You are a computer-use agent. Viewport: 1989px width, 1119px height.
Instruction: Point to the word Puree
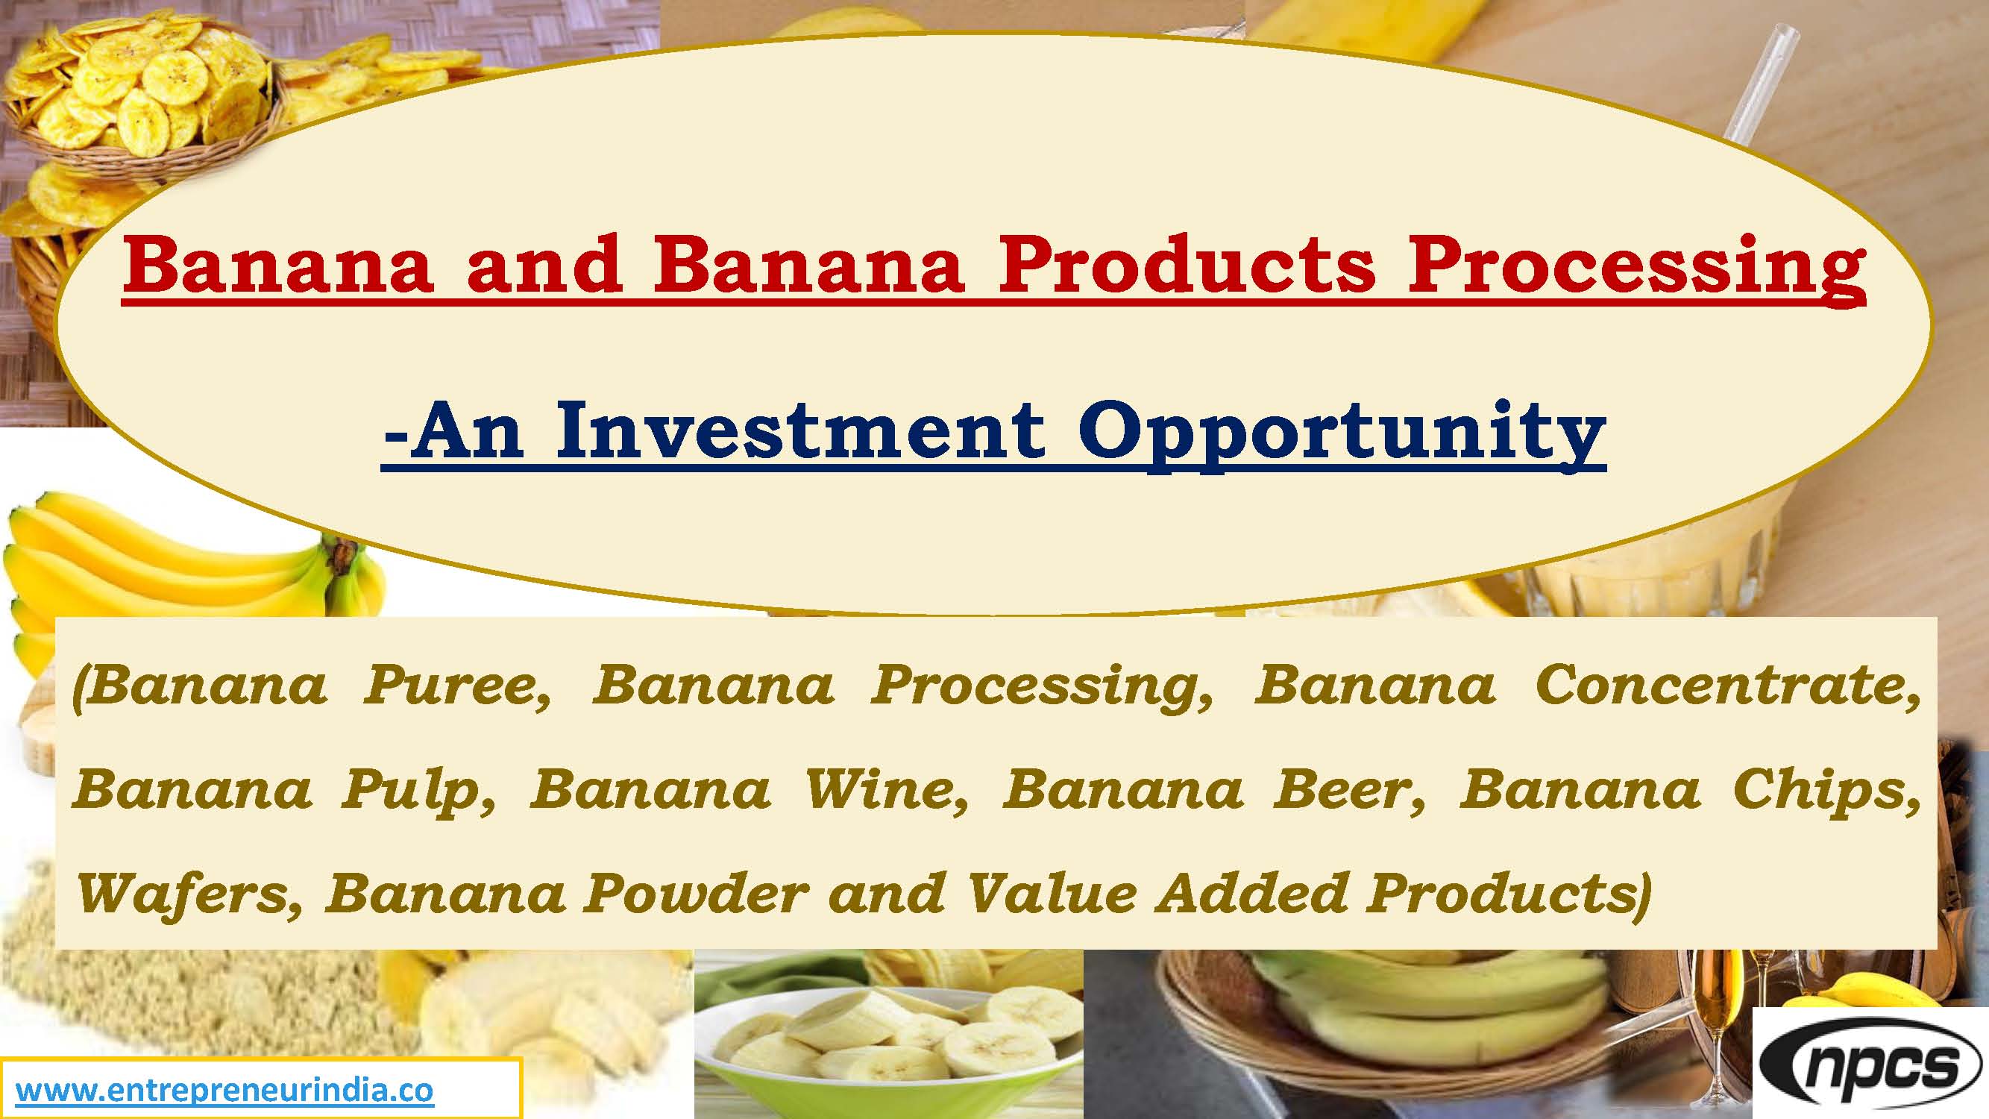pyautogui.click(x=457, y=685)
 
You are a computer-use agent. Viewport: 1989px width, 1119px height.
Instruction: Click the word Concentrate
pyautogui.click(x=1726, y=685)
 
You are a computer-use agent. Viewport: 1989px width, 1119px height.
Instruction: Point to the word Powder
pyautogui.click(x=696, y=894)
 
